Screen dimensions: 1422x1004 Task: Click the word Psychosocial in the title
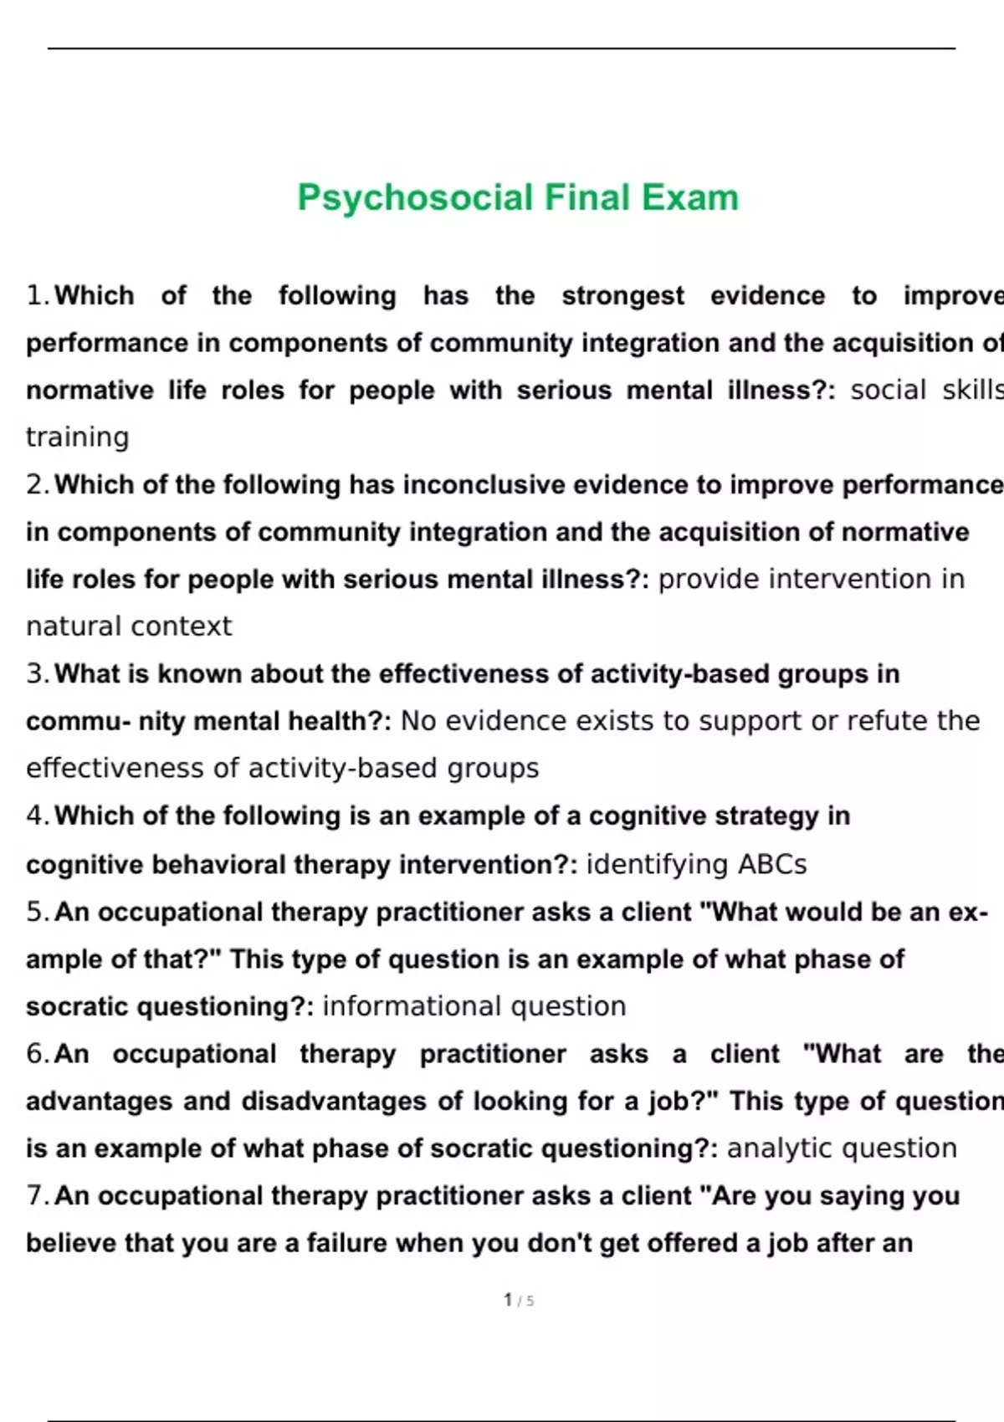point(415,198)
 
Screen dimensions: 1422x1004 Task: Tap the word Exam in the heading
point(690,198)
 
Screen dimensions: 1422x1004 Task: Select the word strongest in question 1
point(622,296)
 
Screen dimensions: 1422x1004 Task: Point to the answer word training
point(78,437)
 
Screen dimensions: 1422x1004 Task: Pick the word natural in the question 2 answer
point(74,627)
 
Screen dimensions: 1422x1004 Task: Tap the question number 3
point(37,674)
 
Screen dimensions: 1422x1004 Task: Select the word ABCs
point(772,864)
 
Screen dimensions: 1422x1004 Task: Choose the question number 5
point(37,912)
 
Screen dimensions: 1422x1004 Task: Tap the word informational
point(412,1006)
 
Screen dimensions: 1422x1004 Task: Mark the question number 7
point(37,1196)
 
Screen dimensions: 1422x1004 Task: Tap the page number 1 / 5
point(519,1301)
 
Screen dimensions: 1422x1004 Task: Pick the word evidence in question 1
point(767,296)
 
